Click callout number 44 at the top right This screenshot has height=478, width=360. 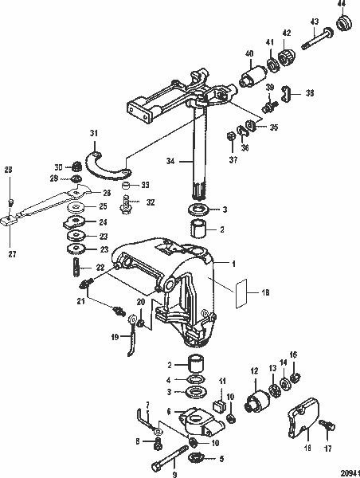click(342, 6)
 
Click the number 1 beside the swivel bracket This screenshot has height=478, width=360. click(234, 262)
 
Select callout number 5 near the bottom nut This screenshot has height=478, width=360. click(221, 459)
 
